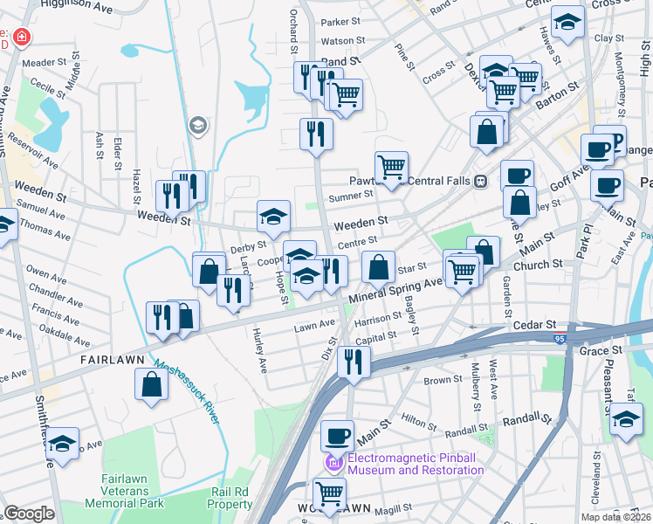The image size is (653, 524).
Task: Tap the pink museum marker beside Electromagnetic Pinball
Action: (x=332, y=462)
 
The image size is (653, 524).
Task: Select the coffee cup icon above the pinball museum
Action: (x=337, y=435)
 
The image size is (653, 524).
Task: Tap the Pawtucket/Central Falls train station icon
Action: (x=480, y=181)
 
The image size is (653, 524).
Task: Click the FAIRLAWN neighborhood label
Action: (x=111, y=359)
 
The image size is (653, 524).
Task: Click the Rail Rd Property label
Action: (x=230, y=498)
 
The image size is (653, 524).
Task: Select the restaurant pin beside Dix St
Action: (x=354, y=360)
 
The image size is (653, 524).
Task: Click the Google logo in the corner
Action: (x=29, y=513)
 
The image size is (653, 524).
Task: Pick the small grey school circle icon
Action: (x=198, y=126)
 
